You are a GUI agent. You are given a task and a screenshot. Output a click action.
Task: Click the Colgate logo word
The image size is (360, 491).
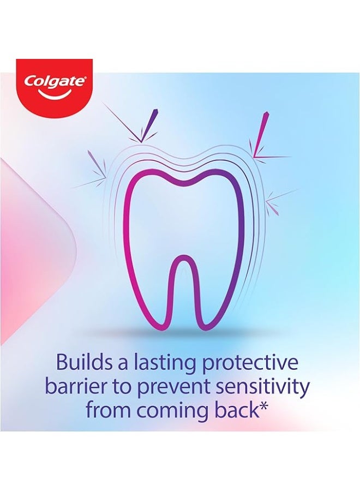coord(54,82)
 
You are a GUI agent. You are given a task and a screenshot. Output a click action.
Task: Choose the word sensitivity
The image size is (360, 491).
coord(266,388)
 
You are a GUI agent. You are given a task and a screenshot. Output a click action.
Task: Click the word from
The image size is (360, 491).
coord(109,410)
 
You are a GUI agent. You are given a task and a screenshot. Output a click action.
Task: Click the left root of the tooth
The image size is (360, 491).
coord(141,295)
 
